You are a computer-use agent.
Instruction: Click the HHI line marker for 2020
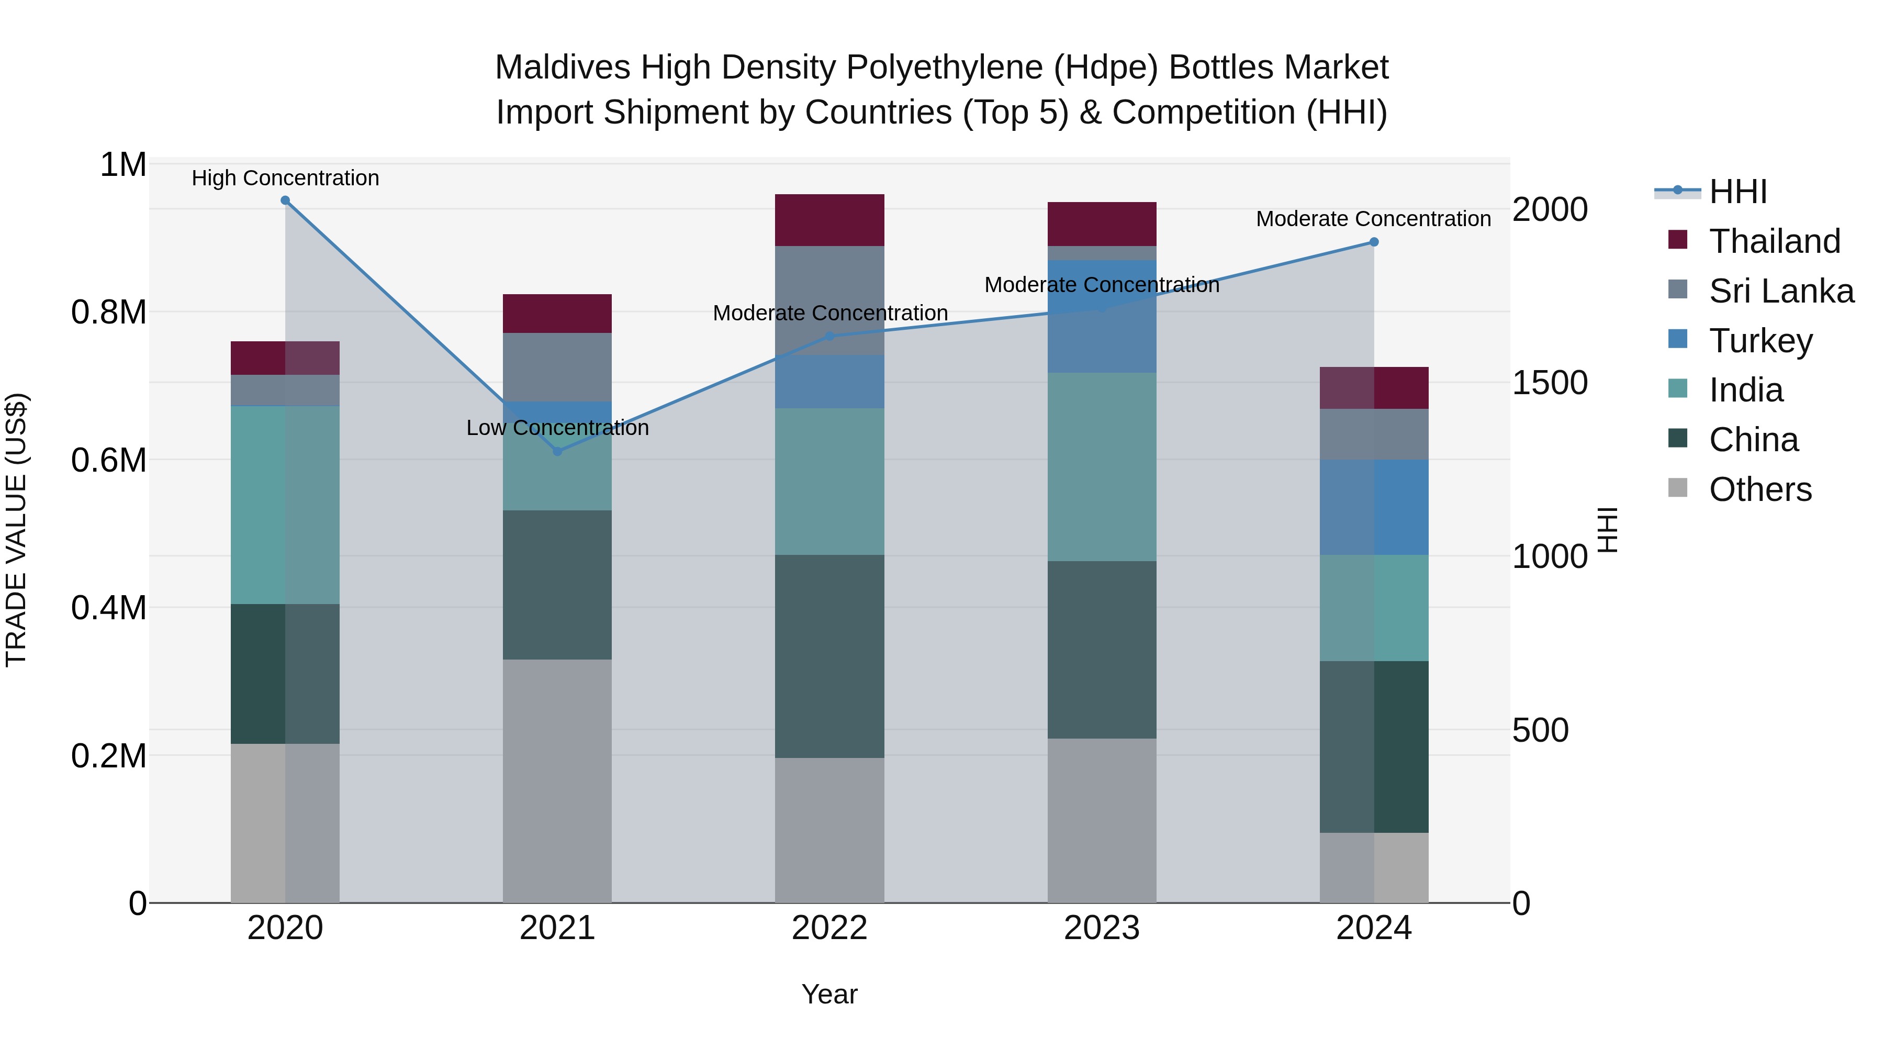pos(285,200)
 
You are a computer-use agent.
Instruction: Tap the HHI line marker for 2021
pos(557,451)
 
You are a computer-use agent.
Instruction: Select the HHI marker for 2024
pos(1374,242)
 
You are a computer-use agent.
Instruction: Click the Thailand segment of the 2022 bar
pos(829,220)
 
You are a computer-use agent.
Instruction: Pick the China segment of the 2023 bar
pos(1102,650)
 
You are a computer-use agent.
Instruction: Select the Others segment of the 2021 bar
pos(557,780)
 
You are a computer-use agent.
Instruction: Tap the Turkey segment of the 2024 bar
pos(1374,507)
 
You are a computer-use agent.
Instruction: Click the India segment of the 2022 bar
pos(829,482)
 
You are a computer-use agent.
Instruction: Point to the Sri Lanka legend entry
pos(1781,291)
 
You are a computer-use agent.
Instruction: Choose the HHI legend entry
pos(1737,192)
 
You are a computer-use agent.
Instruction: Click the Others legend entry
pos(1759,489)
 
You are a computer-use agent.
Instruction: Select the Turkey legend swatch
pos(1678,339)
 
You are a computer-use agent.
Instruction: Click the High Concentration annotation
pos(285,178)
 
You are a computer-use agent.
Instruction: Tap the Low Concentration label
pos(557,428)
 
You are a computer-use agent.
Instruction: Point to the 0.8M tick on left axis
pos(108,313)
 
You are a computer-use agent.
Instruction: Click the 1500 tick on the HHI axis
pos(1549,383)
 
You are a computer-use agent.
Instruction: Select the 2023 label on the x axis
pos(1102,928)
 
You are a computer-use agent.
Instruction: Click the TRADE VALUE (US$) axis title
pos(16,530)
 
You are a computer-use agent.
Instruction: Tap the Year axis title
pos(829,994)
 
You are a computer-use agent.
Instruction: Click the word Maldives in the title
pos(562,68)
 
